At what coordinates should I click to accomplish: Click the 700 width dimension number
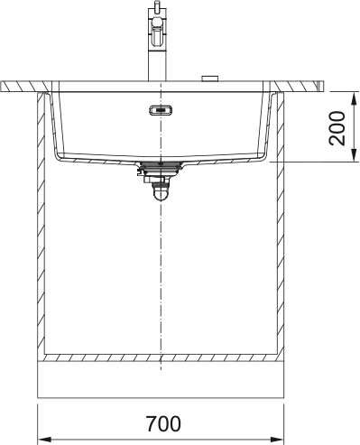pos(163,423)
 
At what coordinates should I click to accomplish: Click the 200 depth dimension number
pos(337,129)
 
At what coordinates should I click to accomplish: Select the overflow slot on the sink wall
pos(161,110)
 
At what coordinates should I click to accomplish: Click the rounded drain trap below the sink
pos(161,191)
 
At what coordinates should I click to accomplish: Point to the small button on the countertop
pos(209,79)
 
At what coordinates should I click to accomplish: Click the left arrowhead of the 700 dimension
pos(44,439)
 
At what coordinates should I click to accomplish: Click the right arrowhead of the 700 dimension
pos(277,439)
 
